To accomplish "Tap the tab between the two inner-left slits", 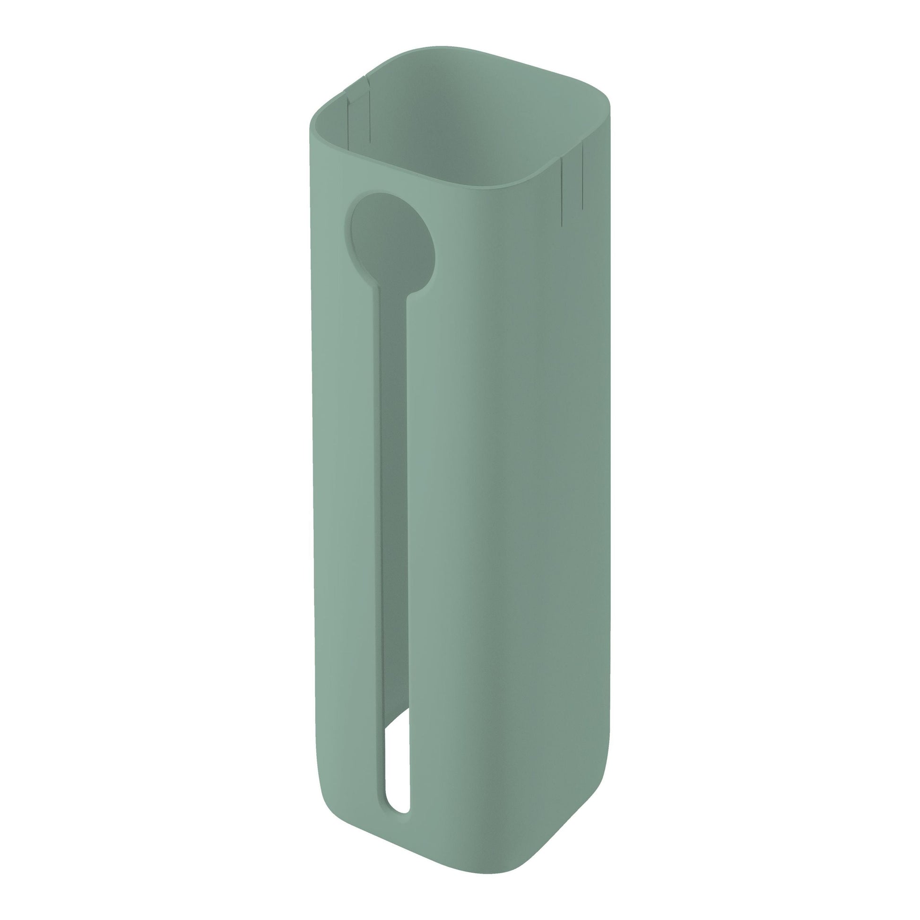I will click(358, 117).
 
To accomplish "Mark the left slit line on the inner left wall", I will click(348, 117).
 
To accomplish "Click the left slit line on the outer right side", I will click(562, 191).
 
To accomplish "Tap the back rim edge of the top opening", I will click(476, 52).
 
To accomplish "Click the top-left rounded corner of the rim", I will click(319, 117).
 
